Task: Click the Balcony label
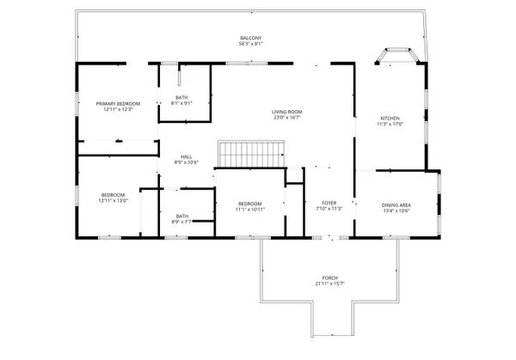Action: point(250,39)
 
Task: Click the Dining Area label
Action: point(396,204)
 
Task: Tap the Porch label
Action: point(329,278)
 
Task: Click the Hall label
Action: point(187,156)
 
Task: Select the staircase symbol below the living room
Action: point(251,155)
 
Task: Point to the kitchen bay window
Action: point(397,57)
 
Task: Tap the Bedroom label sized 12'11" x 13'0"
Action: point(114,195)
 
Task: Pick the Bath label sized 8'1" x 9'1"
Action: point(181,97)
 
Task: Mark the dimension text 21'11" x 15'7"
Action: point(329,284)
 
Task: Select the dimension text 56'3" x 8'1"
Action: point(250,45)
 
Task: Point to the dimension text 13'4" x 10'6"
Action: point(396,210)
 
